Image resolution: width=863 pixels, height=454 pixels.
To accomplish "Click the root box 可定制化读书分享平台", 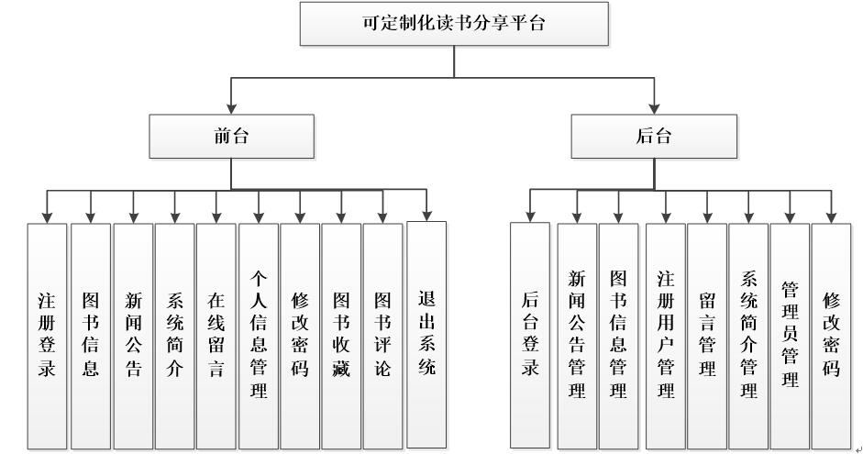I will click(x=454, y=24).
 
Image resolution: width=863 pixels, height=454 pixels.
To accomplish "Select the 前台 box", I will click(x=231, y=137).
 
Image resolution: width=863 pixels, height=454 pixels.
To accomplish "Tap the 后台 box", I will click(x=653, y=137).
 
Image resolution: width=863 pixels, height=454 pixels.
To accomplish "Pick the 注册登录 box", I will click(x=47, y=336).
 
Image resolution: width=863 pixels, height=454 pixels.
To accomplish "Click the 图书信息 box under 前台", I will click(x=91, y=336).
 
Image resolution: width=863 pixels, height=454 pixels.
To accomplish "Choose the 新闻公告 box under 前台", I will click(x=133, y=336).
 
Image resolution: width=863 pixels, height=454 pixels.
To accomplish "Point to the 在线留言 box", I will click(x=216, y=336).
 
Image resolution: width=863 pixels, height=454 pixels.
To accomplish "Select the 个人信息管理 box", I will click(x=259, y=336).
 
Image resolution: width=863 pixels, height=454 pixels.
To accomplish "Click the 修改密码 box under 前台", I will click(x=300, y=336).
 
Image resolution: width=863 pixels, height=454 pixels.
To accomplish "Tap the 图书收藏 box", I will click(x=341, y=336).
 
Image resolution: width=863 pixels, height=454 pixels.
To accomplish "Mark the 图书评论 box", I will click(x=383, y=336).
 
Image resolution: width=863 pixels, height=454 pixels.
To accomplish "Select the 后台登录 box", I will click(x=530, y=336).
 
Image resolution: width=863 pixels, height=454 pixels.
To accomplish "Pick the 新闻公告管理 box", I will click(x=577, y=336).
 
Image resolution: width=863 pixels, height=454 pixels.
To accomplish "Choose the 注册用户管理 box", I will click(x=665, y=336).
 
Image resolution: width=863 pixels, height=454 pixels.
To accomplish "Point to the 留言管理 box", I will click(x=707, y=336).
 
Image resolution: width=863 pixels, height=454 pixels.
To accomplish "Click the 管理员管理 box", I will click(x=790, y=336).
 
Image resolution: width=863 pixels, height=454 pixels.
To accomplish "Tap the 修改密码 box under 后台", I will click(x=832, y=336).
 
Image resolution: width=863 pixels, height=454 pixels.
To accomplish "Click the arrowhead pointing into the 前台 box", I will click(x=231, y=108).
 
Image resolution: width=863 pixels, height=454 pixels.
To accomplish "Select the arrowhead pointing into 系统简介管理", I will click(x=748, y=217).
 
